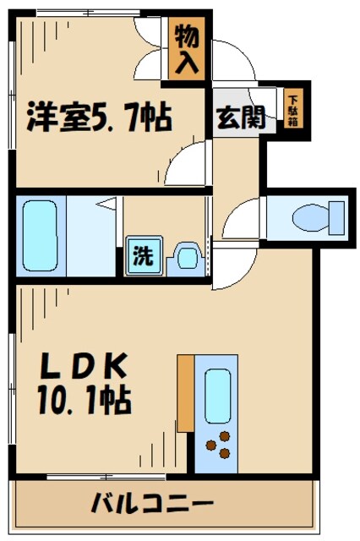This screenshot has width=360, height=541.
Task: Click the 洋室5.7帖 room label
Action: (99, 116)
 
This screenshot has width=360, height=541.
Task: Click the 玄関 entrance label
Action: (240, 118)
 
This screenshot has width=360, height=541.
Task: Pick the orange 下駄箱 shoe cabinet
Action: (292, 110)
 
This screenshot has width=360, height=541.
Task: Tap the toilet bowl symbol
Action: (314, 219)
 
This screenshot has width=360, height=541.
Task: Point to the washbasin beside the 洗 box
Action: (186, 256)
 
